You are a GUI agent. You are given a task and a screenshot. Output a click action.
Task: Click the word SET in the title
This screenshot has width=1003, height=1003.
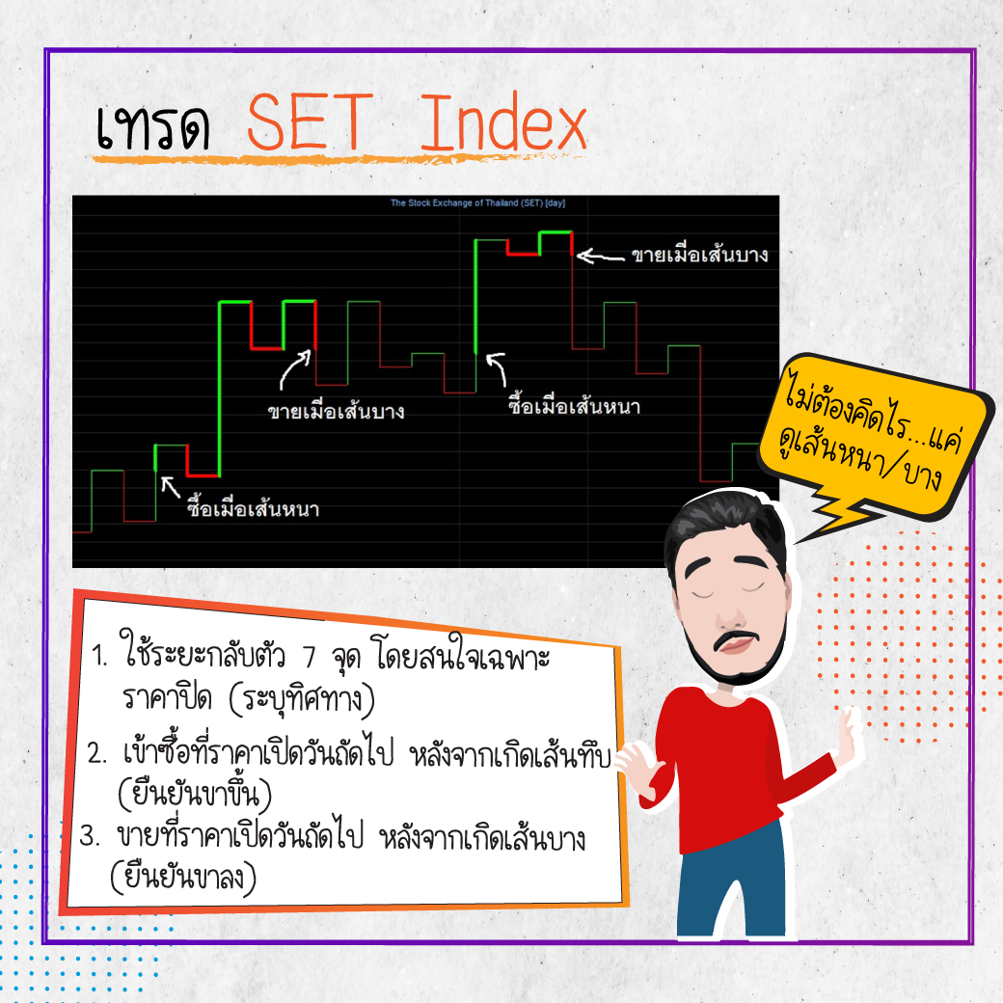click(x=310, y=122)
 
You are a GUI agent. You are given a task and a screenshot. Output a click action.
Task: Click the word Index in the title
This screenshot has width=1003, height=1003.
click(x=502, y=122)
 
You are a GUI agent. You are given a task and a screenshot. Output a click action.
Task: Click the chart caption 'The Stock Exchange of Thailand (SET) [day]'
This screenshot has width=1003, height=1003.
click(x=477, y=203)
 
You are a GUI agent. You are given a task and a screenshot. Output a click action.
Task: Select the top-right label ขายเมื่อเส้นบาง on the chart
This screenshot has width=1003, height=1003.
click(x=700, y=254)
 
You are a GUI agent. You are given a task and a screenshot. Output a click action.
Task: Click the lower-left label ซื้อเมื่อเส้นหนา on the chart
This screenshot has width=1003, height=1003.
click(x=253, y=507)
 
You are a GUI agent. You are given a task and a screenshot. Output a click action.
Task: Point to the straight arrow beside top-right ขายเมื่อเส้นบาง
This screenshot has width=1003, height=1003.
click(x=600, y=257)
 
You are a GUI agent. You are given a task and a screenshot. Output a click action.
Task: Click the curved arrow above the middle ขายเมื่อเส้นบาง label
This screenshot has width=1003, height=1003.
click(x=295, y=369)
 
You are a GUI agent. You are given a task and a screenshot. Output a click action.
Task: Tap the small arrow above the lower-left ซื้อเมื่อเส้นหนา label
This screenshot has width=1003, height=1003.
click(x=170, y=487)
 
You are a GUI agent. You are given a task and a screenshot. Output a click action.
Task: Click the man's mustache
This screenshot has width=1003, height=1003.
click(x=736, y=639)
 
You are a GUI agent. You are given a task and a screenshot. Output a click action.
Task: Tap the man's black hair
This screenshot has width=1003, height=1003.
click(x=726, y=525)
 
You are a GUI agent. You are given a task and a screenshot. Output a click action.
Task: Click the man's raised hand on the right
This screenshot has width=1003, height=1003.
click(x=849, y=736)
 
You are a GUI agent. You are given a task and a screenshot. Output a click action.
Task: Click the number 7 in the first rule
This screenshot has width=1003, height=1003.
click(x=310, y=657)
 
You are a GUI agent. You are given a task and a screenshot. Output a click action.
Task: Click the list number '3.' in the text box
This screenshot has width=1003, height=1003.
click(x=90, y=836)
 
